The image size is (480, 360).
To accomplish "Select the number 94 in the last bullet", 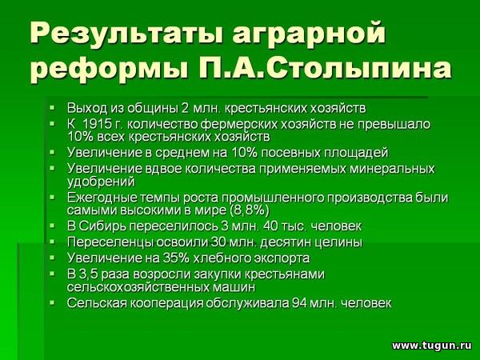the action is click(x=298, y=303).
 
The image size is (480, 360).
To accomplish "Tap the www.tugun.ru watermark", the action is click(x=432, y=346).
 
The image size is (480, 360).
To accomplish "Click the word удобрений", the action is click(x=101, y=182).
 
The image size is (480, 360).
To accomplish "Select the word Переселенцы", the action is click(x=110, y=242).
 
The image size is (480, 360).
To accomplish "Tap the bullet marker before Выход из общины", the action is click(x=52, y=108).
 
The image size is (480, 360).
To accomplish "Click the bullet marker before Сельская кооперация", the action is click(x=52, y=302).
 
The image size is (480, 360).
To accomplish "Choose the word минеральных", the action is click(x=391, y=169).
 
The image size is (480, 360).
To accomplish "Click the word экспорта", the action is click(x=282, y=258).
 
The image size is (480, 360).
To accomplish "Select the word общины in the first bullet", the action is click(x=151, y=108).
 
